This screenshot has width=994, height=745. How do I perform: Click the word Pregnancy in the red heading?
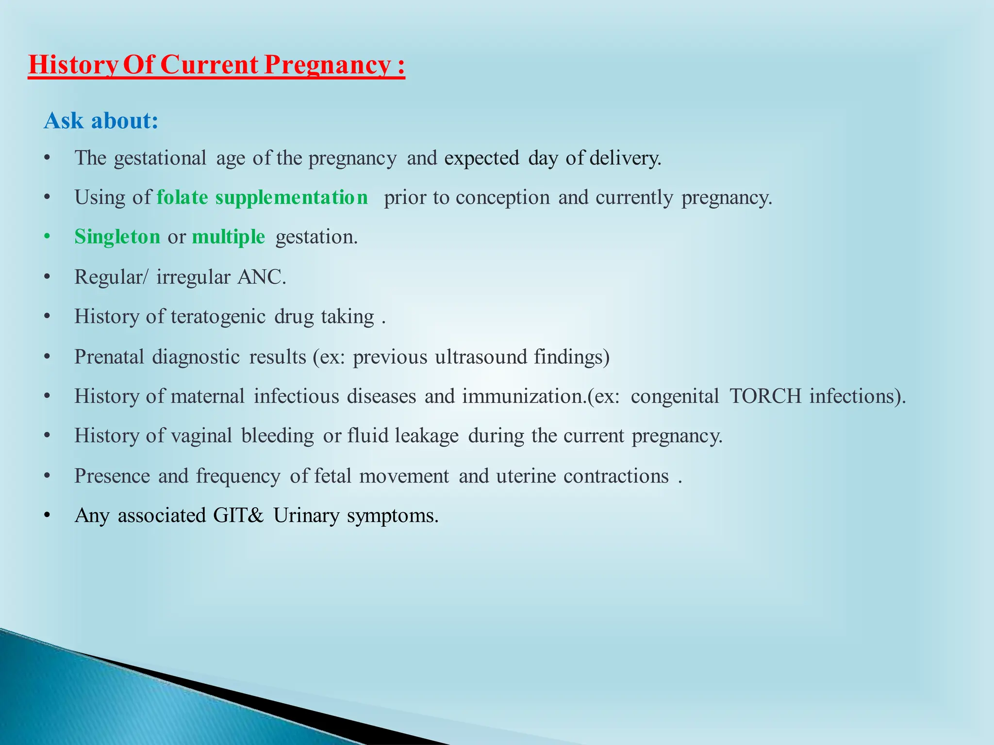(327, 65)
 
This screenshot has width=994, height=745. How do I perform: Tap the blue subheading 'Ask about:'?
(101, 121)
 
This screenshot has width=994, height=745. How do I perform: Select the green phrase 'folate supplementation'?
(262, 197)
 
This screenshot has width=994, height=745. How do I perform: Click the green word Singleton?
(117, 237)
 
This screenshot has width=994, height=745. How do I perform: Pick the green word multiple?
(228, 237)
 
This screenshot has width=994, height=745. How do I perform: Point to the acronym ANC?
(261, 277)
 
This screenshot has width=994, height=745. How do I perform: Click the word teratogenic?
(218, 317)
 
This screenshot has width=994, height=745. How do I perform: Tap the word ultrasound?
(480, 357)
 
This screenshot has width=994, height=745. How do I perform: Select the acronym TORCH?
(765, 396)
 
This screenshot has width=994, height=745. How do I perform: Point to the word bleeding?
(278, 436)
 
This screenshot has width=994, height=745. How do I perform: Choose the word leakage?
(426, 436)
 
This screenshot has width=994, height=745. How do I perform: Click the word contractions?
(616, 476)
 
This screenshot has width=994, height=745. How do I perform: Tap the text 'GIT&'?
(238, 515)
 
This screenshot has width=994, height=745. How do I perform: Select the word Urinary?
(306, 515)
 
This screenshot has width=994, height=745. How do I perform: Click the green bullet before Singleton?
(47, 237)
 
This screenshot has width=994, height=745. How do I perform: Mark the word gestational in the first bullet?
(160, 158)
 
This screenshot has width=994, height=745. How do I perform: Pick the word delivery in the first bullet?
(625, 158)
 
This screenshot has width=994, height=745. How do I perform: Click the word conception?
(502, 197)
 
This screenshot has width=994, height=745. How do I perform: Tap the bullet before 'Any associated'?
(47, 515)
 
